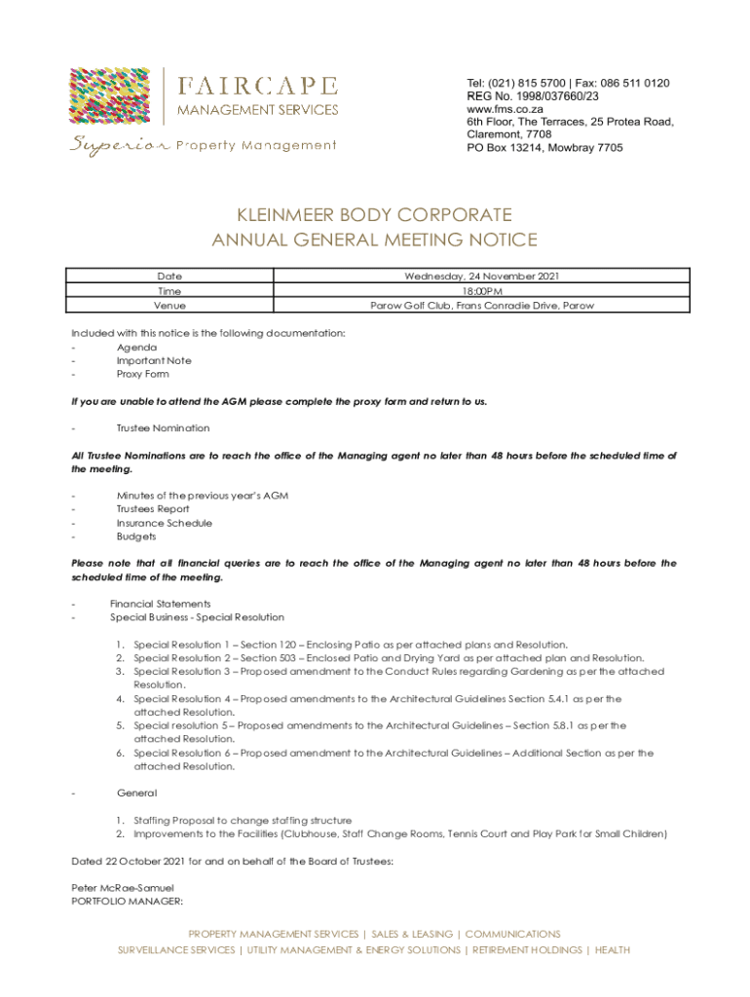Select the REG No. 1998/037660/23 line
click(x=533, y=96)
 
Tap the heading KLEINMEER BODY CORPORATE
click(x=374, y=215)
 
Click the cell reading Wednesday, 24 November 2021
click(x=481, y=277)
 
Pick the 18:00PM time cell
click(x=481, y=291)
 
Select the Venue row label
click(x=169, y=306)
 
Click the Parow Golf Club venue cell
click(x=481, y=306)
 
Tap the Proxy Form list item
click(x=142, y=374)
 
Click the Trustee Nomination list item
click(x=163, y=428)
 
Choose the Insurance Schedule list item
click(x=165, y=523)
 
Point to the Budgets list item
click(x=136, y=536)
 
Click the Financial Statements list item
click(x=160, y=604)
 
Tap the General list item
click(x=136, y=794)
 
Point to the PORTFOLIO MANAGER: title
click(x=114, y=902)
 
